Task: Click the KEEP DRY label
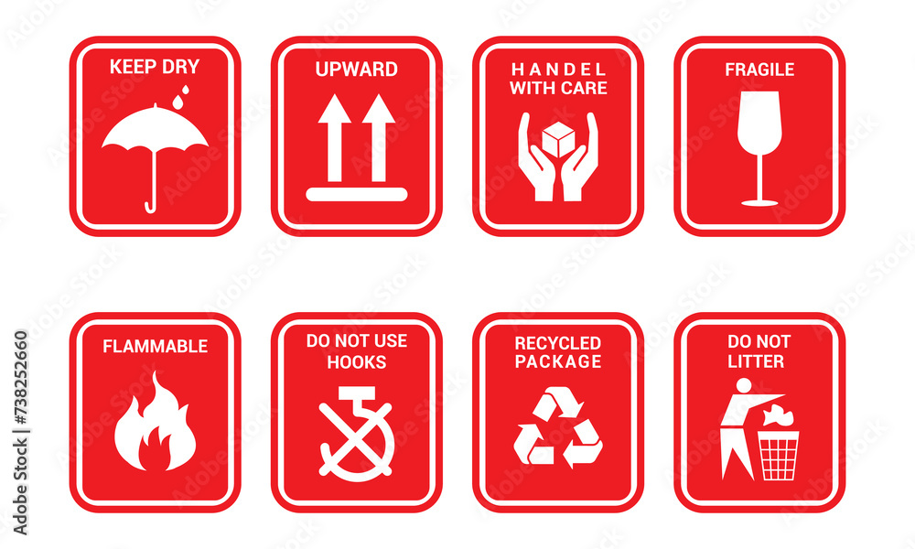tap(155, 66)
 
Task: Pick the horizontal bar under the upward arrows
tap(356, 194)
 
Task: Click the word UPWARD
tap(356, 70)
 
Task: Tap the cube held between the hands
tap(557, 138)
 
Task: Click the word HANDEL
tap(558, 70)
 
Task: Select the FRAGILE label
tap(759, 70)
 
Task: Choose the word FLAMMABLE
tap(155, 347)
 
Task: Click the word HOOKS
tap(356, 361)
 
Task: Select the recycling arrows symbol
tap(557, 428)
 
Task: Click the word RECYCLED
tap(557, 343)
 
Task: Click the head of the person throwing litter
tap(743, 385)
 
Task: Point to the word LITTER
tap(756, 361)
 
